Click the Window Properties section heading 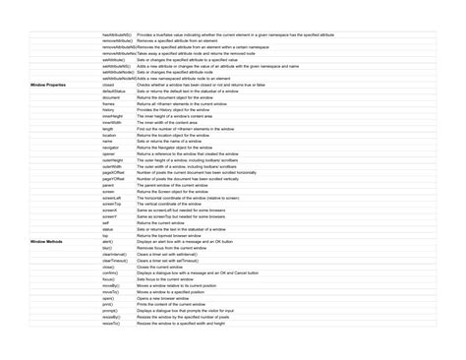48,86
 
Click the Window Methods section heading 46,240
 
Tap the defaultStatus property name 114,91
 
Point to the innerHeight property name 112,116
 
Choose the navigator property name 111,146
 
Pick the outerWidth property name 112,166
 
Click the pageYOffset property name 114,178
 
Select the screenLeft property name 112,197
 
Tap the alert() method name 108,240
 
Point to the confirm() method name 110,271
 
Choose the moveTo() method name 110,291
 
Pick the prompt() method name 110,310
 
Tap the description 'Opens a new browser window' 166,297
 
